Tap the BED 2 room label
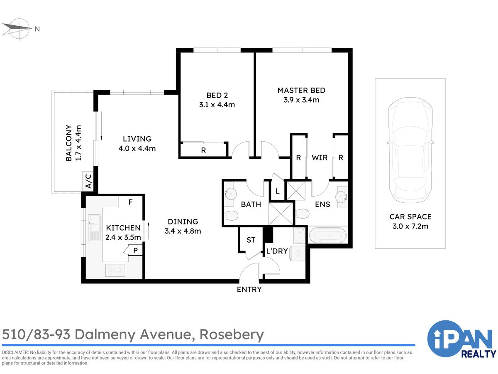pos(217,96)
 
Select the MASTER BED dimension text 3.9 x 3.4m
pos(301,100)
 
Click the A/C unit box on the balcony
pos(88,181)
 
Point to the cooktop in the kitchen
pos(115,270)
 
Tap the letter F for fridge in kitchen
pos(130,202)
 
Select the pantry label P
pos(135,250)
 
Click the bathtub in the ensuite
pos(327,235)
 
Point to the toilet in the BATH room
pos(231,215)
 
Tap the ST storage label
pos(251,240)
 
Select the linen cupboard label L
pos(278,191)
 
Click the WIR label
pos(320,157)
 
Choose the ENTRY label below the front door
pos(249,289)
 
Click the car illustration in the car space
pos(410,150)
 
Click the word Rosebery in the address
pos(232,335)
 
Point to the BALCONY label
pos(68,143)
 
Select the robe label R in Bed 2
pos(203,150)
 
